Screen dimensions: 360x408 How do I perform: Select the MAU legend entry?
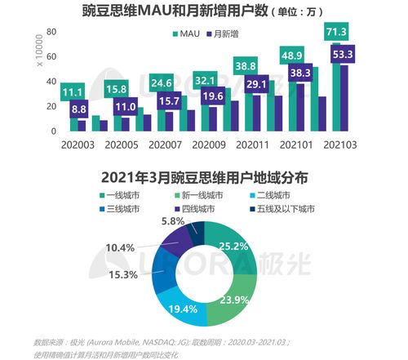pos(186,35)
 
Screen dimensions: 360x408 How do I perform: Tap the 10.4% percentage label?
pos(122,247)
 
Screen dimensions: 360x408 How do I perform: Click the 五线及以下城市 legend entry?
pos(286,210)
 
